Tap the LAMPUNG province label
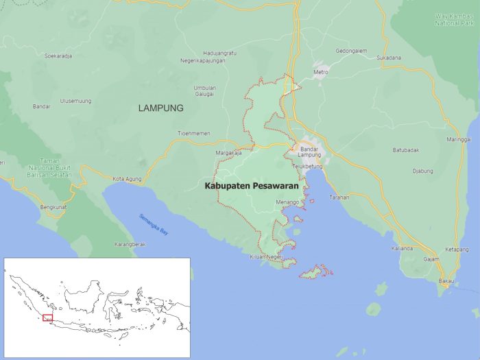click(161, 108)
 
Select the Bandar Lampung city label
click(311, 153)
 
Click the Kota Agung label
click(128, 178)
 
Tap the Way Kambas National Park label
click(455, 20)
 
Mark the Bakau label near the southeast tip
click(446, 281)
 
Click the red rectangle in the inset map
click(47, 317)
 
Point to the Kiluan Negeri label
click(266, 256)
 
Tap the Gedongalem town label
click(351, 51)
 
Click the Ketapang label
click(457, 249)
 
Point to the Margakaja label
click(228, 153)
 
